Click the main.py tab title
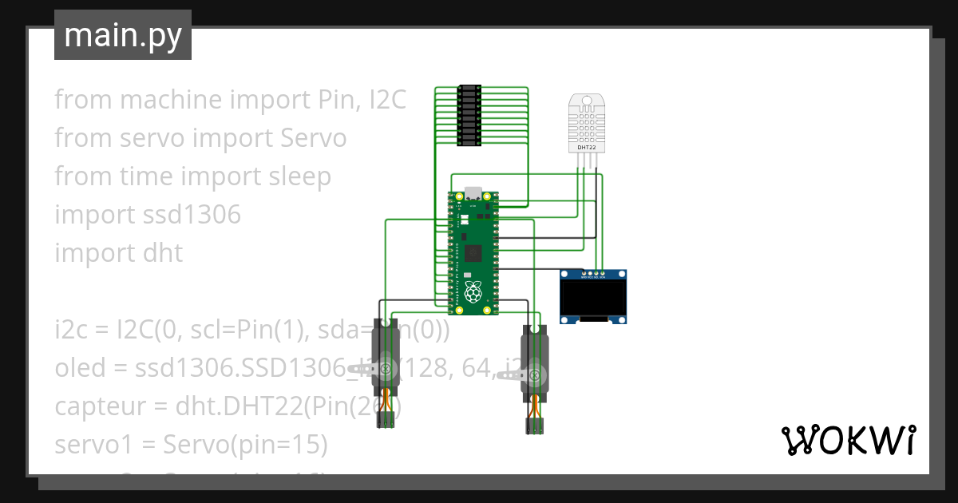coord(122,36)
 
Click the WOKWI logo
coord(847,440)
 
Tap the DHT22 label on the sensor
coord(587,148)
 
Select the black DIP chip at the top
coord(469,115)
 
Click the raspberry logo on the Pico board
coord(473,292)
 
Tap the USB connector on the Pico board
coord(473,194)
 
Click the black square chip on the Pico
coord(473,254)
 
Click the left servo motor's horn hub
coord(387,369)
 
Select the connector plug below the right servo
coord(534,426)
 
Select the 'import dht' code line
coord(119,253)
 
